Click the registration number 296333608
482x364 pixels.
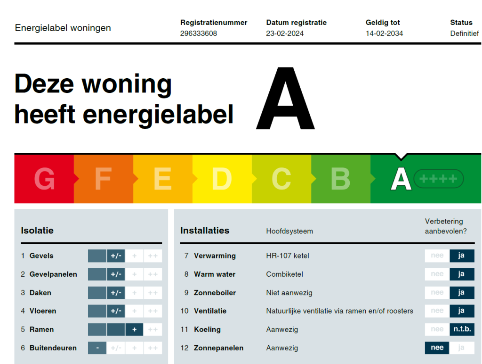199,33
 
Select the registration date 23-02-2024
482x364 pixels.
285,33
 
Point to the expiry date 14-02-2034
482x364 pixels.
384,33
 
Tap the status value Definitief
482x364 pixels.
465,33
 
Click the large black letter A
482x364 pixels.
286,99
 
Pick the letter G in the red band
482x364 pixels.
45,179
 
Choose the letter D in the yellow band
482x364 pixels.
222,179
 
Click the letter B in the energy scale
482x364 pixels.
341,179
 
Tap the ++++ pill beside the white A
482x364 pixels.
439,179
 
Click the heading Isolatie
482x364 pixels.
37,231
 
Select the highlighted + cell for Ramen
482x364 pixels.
134,330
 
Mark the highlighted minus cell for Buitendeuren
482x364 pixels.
97,348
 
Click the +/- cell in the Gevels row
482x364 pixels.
116,256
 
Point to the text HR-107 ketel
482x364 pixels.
288,256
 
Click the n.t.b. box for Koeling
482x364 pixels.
462,329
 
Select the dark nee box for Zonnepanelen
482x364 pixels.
437,347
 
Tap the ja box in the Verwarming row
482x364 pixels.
462,256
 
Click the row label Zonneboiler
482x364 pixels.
215,292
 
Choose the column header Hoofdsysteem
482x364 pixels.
289,232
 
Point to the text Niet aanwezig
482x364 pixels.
289,292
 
